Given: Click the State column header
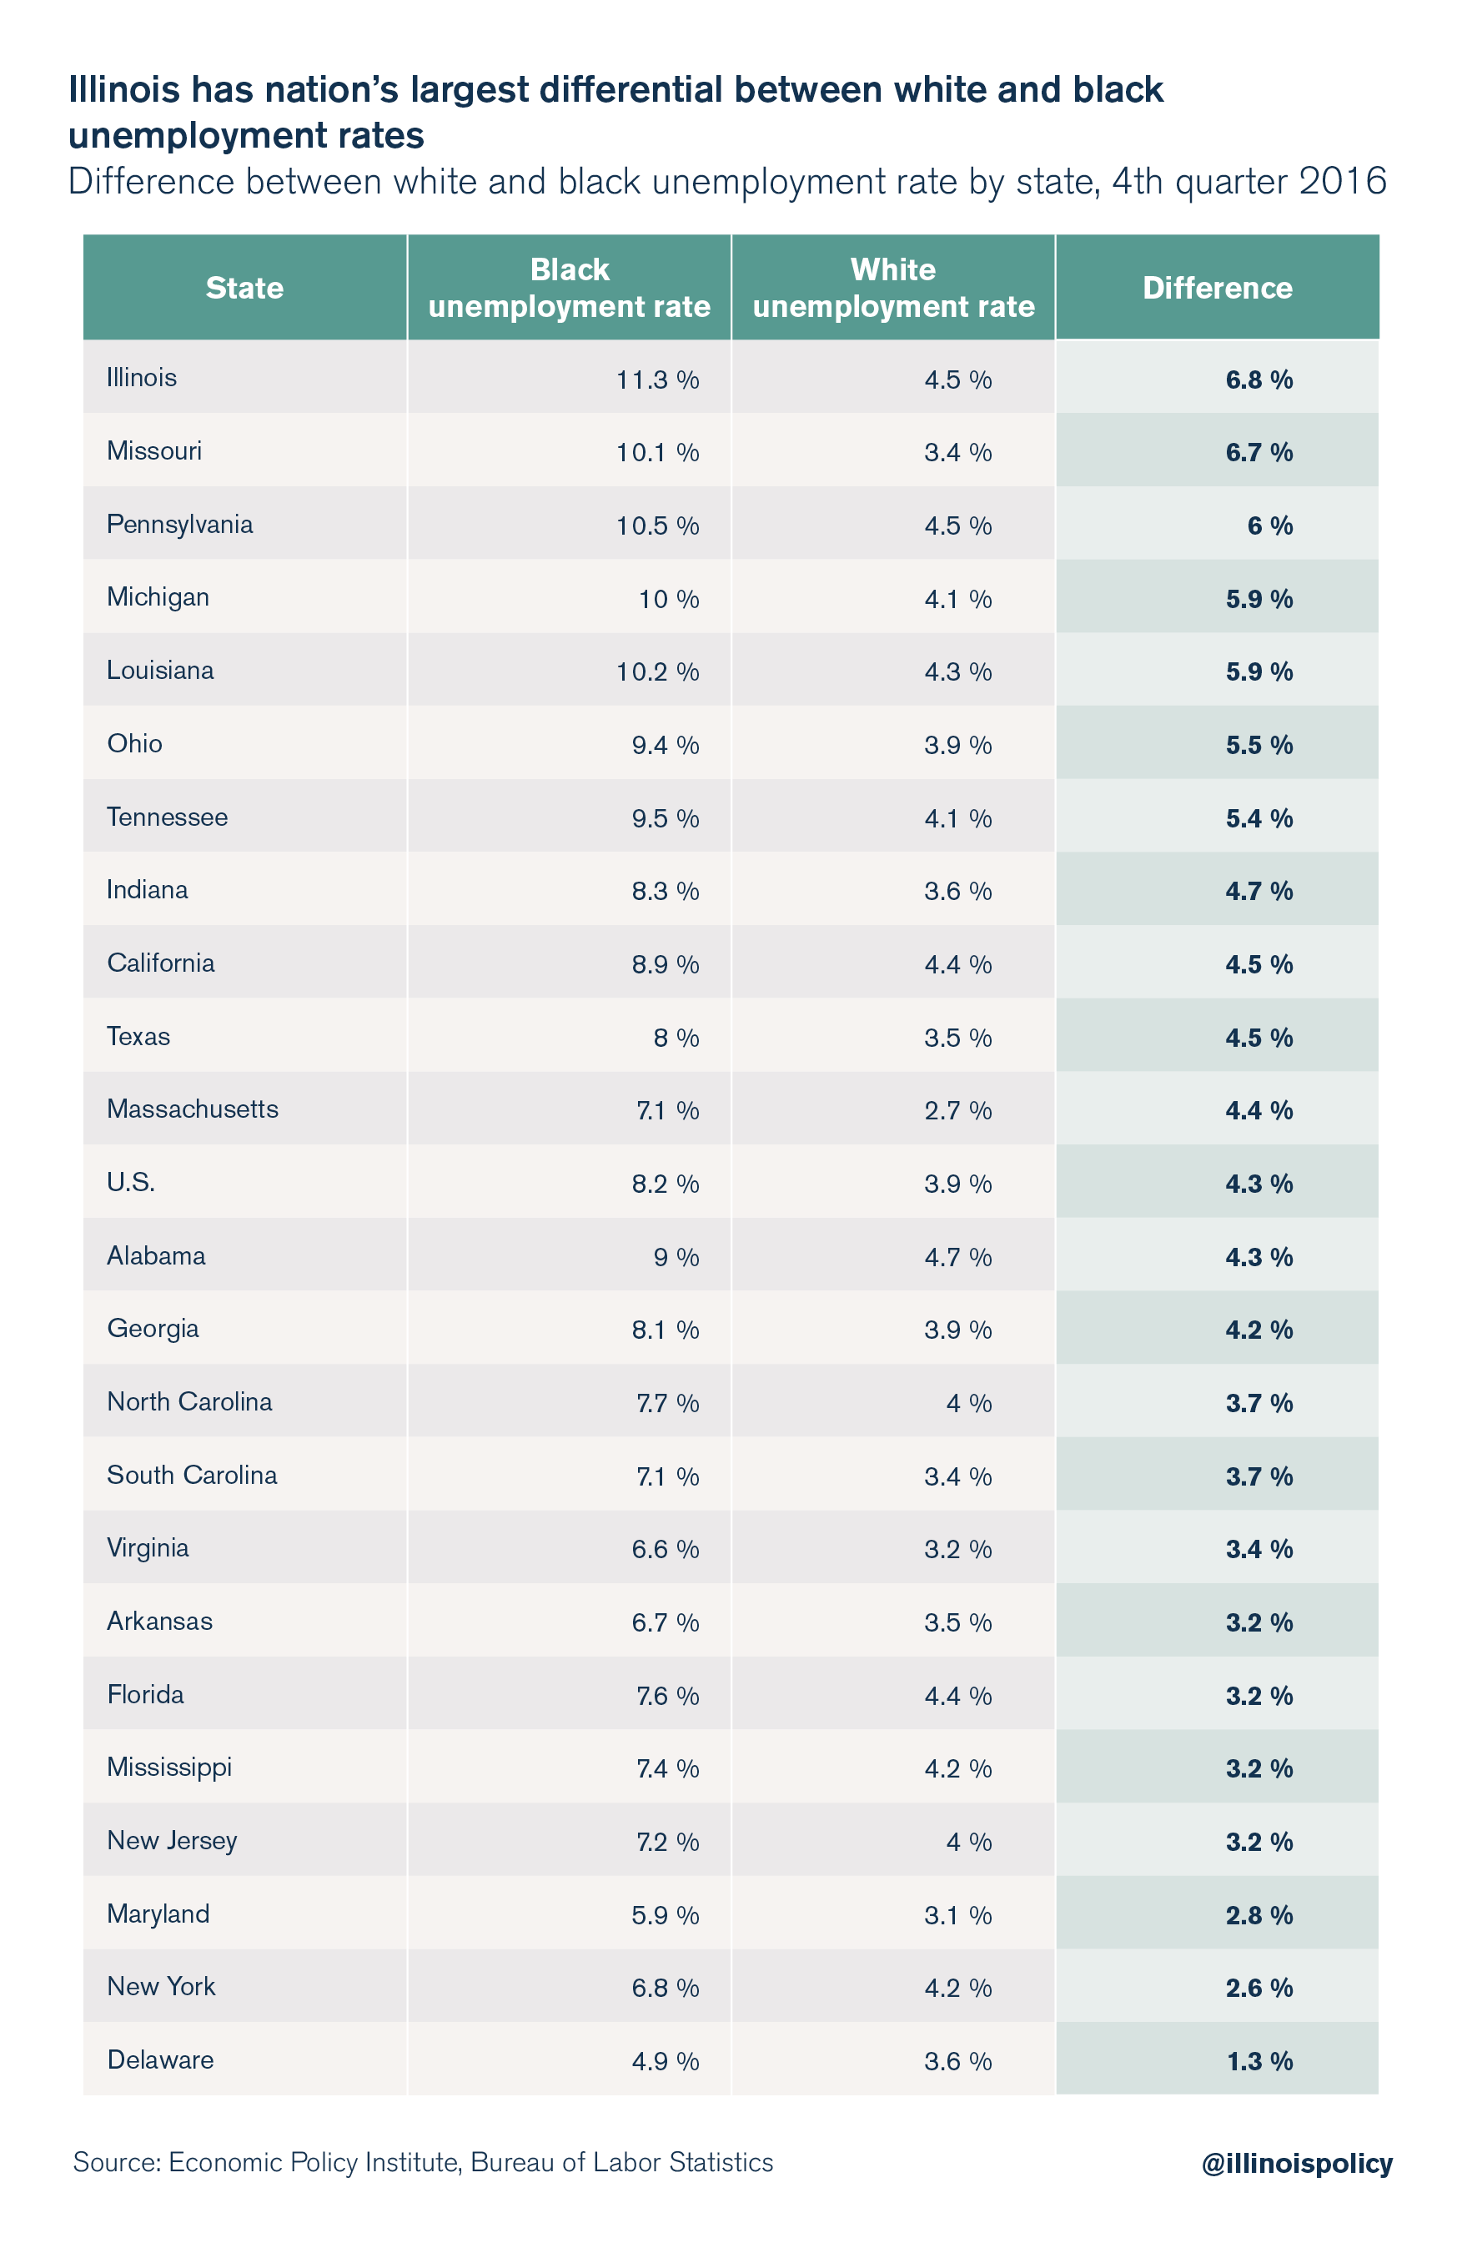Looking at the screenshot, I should click(244, 288).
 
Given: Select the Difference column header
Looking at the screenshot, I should click(1216, 288).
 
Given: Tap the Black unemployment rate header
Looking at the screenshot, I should click(569, 288).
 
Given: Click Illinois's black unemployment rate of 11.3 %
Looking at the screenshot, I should click(657, 380).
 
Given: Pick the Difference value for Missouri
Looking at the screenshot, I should click(1258, 453).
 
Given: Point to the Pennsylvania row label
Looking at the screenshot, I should click(179, 524).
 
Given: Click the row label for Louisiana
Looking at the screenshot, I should click(159, 671).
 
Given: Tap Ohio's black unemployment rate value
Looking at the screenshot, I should click(665, 745).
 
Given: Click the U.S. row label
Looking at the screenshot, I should click(131, 1182).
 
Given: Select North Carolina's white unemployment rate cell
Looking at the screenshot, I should click(968, 1403).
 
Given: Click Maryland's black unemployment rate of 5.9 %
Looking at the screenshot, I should click(665, 1915).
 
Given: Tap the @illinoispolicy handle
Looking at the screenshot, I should click(1296, 2163).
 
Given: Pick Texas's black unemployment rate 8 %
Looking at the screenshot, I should click(675, 1038).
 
